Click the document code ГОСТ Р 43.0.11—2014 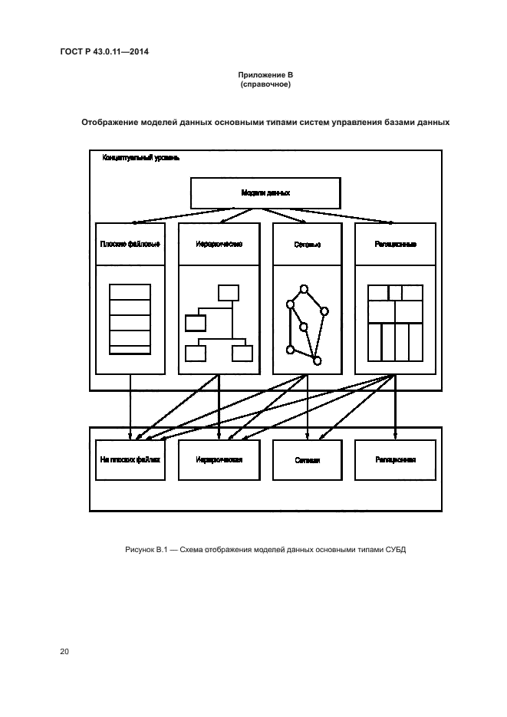coord(104,52)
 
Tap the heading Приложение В coord(264,75)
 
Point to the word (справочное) coord(264,84)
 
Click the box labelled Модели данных coord(265,193)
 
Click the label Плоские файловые coord(130,245)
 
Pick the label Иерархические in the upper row coord(219,245)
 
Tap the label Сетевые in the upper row coord(307,245)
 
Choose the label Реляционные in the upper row coord(396,245)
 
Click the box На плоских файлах coord(130,460)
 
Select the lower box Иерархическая coord(219,460)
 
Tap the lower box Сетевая coord(307,461)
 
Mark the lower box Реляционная coord(396,460)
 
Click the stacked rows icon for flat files coord(130,318)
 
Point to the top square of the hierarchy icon coord(229,292)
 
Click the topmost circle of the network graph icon coord(304,289)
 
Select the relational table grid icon coord(395,322)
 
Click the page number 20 coord(64,652)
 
